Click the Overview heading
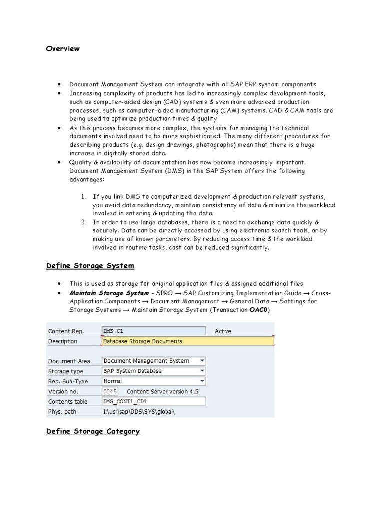tap(63, 49)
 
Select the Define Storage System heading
tap(90, 266)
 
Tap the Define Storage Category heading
tap(93, 431)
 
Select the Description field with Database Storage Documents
tap(187, 341)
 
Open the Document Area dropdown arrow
tap(201, 361)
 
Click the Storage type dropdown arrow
tap(201, 371)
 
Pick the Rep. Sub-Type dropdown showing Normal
tap(153, 381)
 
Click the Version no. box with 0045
tap(110, 391)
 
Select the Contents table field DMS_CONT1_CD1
tap(153, 402)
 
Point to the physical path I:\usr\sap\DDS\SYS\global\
tap(140, 412)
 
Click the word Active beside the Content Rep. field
tap(223, 331)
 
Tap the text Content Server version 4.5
tap(163, 391)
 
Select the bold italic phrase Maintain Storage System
tap(109, 293)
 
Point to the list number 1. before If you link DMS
tap(84, 197)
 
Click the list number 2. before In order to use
tap(84, 222)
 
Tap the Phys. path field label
tap(61, 412)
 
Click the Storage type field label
tap(65, 371)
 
